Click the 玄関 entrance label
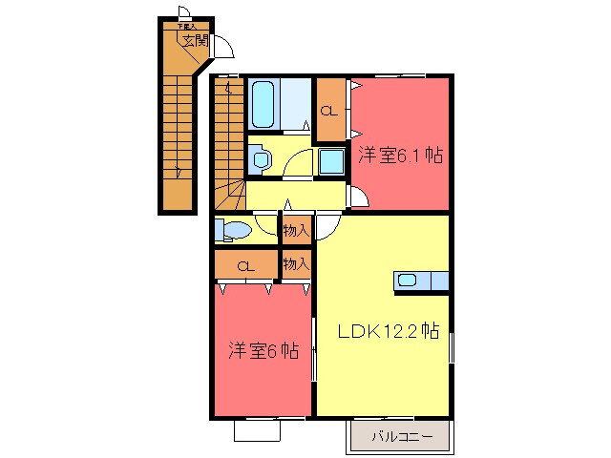coord(196,41)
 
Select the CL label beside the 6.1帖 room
coord(328,109)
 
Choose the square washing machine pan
coord(331,161)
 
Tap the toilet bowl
coord(234,231)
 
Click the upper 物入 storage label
coord(296,230)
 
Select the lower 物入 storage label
coord(296,263)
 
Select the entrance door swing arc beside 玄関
coord(223,47)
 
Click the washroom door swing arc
coord(300,165)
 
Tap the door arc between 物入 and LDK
coord(327,225)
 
